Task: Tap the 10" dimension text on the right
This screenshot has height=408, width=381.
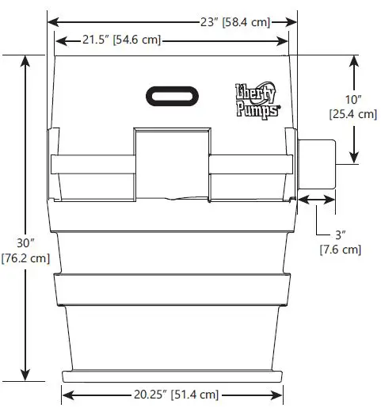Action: coord(352,99)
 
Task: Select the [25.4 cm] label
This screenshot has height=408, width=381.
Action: coord(352,114)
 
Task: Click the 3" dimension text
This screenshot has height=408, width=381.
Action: coord(340,235)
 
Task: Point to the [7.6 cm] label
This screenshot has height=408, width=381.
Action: coord(340,250)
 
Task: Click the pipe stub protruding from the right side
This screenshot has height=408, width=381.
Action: coord(317,165)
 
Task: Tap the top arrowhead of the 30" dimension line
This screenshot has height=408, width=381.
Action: coord(27,59)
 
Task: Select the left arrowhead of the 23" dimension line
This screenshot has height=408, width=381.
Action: coord(52,22)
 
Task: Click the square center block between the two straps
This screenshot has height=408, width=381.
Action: coord(172,163)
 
